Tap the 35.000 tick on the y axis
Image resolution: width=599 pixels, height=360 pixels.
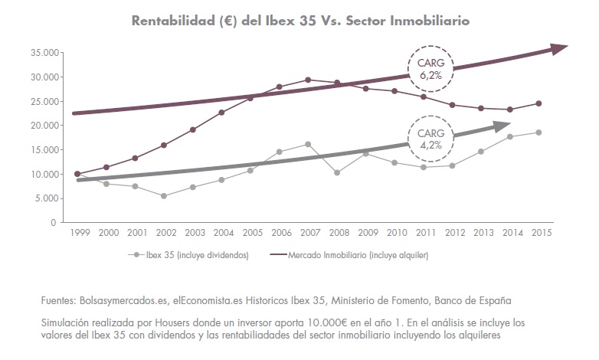pos(45,53)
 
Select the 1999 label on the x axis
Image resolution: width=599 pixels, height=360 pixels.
pos(77,232)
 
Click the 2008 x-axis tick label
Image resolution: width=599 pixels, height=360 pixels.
pos(337,232)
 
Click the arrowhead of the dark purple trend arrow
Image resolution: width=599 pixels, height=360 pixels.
pos(558,48)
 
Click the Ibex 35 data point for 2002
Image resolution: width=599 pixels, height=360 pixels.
pos(164,196)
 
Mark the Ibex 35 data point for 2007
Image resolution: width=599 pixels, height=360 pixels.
pos(308,144)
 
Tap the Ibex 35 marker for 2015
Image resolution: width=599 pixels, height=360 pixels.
pos(539,133)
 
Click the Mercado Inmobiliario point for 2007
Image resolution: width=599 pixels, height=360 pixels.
pos(308,80)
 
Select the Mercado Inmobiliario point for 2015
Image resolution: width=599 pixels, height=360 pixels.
pos(539,103)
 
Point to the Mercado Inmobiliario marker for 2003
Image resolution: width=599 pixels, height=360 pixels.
pos(193,129)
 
